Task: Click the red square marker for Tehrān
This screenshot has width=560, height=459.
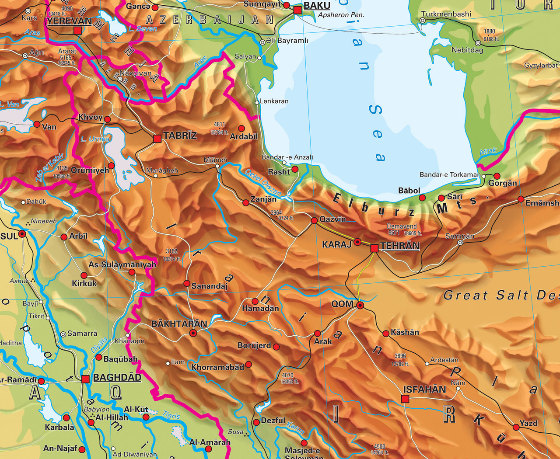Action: point(374,248)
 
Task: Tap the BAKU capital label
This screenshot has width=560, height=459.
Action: point(317,6)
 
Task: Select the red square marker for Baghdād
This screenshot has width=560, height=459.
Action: point(85,379)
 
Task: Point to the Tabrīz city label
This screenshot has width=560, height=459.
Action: point(180,136)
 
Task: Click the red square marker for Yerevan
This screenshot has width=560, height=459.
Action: point(77,30)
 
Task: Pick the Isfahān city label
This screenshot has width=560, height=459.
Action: point(424,389)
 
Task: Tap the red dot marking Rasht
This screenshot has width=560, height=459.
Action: point(295,169)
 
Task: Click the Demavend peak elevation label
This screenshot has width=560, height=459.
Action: point(402,226)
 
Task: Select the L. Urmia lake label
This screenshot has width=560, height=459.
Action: point(95,139)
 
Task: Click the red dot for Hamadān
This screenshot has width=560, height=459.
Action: point(255,301)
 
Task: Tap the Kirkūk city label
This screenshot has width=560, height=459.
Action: point(84,283)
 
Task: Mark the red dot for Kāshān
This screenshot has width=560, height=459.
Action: point(386,334)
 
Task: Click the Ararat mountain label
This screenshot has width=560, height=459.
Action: point(67,52)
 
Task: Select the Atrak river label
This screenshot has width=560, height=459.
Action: point(488,151)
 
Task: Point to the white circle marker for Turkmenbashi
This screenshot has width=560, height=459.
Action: point(423,21)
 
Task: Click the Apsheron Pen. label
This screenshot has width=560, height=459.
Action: point(341,15)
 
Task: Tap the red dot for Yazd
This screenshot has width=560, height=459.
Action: point(516,427)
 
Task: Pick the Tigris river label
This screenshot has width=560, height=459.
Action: point(171,414)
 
